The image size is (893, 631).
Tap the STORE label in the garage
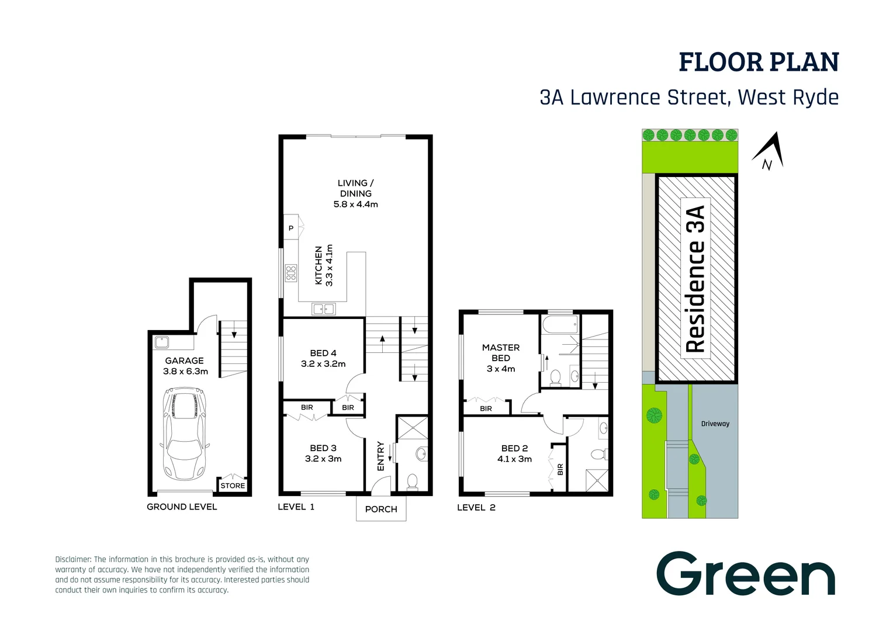tap(233, 486)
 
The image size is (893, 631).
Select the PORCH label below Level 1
tap(381, 509)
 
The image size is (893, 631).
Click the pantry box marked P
tap(290, 228)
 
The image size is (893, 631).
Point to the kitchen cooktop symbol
tap(290, 273)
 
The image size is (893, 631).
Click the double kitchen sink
tap(323, 308)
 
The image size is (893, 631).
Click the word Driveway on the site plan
tap(715, 424)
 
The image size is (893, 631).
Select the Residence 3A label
tap(695, 279)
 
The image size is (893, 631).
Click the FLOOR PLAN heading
tap(758, 63)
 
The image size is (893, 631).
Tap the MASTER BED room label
tap(501, 352)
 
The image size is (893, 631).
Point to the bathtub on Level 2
tap(560, 324)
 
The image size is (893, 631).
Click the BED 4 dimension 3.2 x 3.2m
tap(323, 364)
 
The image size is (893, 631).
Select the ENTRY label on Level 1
tap(381, 456)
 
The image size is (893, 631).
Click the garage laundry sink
tap(162, 342)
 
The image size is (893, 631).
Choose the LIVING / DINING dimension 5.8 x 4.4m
tap(355, 204)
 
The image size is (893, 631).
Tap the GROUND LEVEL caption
tap(182, 507)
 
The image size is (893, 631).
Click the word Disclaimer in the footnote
tap(73, 559)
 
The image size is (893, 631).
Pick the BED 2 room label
tap(514, 448)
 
